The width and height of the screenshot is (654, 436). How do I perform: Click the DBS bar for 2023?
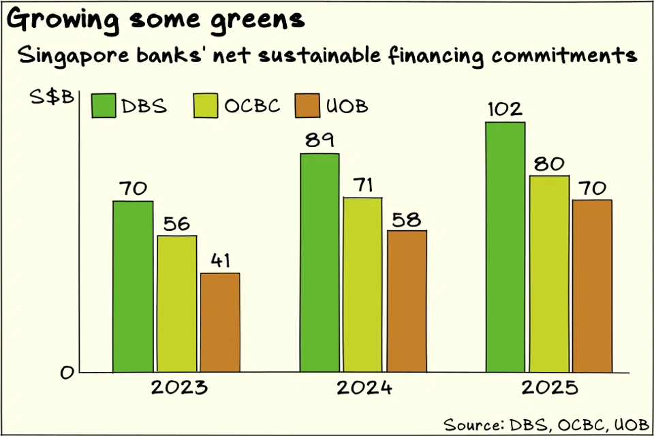click(134, 287)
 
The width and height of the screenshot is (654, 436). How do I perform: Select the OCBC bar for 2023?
click(177, 304)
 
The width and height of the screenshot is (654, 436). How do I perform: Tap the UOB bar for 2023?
click(220, 323)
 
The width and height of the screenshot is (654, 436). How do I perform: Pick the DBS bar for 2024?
click(320, 263)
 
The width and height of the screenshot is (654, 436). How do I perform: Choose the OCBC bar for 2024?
click(362, 285)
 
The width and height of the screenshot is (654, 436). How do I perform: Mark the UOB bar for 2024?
click(407, 301)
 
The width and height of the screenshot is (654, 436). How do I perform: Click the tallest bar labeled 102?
click(505, 247)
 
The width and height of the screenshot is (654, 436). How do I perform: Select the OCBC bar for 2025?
click(549, 274)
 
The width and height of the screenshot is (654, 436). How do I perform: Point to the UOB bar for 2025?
click(592, 286)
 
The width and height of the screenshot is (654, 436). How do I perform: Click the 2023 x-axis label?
click(179, 388)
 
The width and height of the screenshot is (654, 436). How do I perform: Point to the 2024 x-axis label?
click(364, 388)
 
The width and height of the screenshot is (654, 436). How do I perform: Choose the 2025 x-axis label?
click(549, 388)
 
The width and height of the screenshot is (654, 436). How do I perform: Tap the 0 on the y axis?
click(67, 373)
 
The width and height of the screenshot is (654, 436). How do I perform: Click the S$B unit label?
click(52, 98)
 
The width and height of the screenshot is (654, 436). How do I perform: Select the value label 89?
click(320, 140)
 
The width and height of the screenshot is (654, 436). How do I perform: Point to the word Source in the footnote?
click(472, 423)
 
